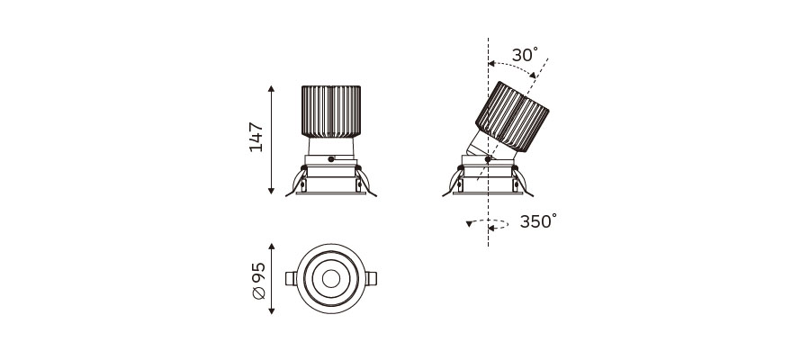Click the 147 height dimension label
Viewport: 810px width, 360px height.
256,137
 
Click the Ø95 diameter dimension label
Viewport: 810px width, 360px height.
258,281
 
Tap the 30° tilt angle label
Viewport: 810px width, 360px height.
525,55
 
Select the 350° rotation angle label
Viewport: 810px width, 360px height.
538,221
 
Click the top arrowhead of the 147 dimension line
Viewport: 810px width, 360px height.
271,89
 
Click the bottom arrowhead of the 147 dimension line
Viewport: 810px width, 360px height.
271,191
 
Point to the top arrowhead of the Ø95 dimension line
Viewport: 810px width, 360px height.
272,247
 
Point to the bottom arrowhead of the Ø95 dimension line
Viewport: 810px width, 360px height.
272,310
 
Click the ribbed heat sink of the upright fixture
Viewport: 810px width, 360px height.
330,112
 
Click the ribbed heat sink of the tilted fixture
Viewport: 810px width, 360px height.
512,117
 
